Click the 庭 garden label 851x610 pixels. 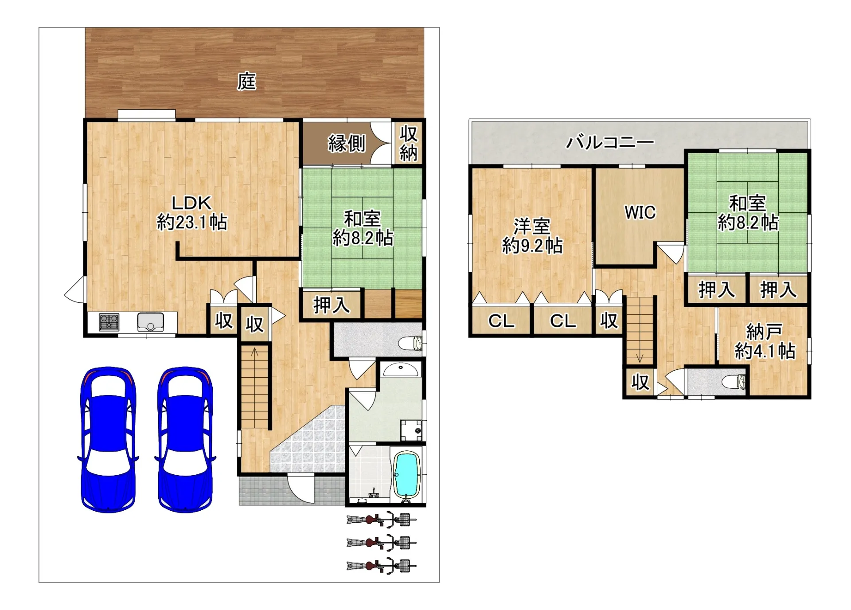246,82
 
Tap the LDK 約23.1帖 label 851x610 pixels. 192,213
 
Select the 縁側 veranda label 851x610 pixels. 347,143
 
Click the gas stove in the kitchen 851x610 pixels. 109,322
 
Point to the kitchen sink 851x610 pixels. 151,322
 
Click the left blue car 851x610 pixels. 108,439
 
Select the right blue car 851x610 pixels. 185,439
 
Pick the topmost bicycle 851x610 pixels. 381,519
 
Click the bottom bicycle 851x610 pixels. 381,566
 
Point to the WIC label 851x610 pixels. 640,212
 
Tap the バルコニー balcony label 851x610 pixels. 610,142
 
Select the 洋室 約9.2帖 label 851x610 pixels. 532,236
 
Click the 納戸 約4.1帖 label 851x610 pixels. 765,341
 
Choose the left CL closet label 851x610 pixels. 501,321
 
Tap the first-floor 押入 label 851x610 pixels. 332,305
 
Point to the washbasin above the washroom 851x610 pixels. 400,369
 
